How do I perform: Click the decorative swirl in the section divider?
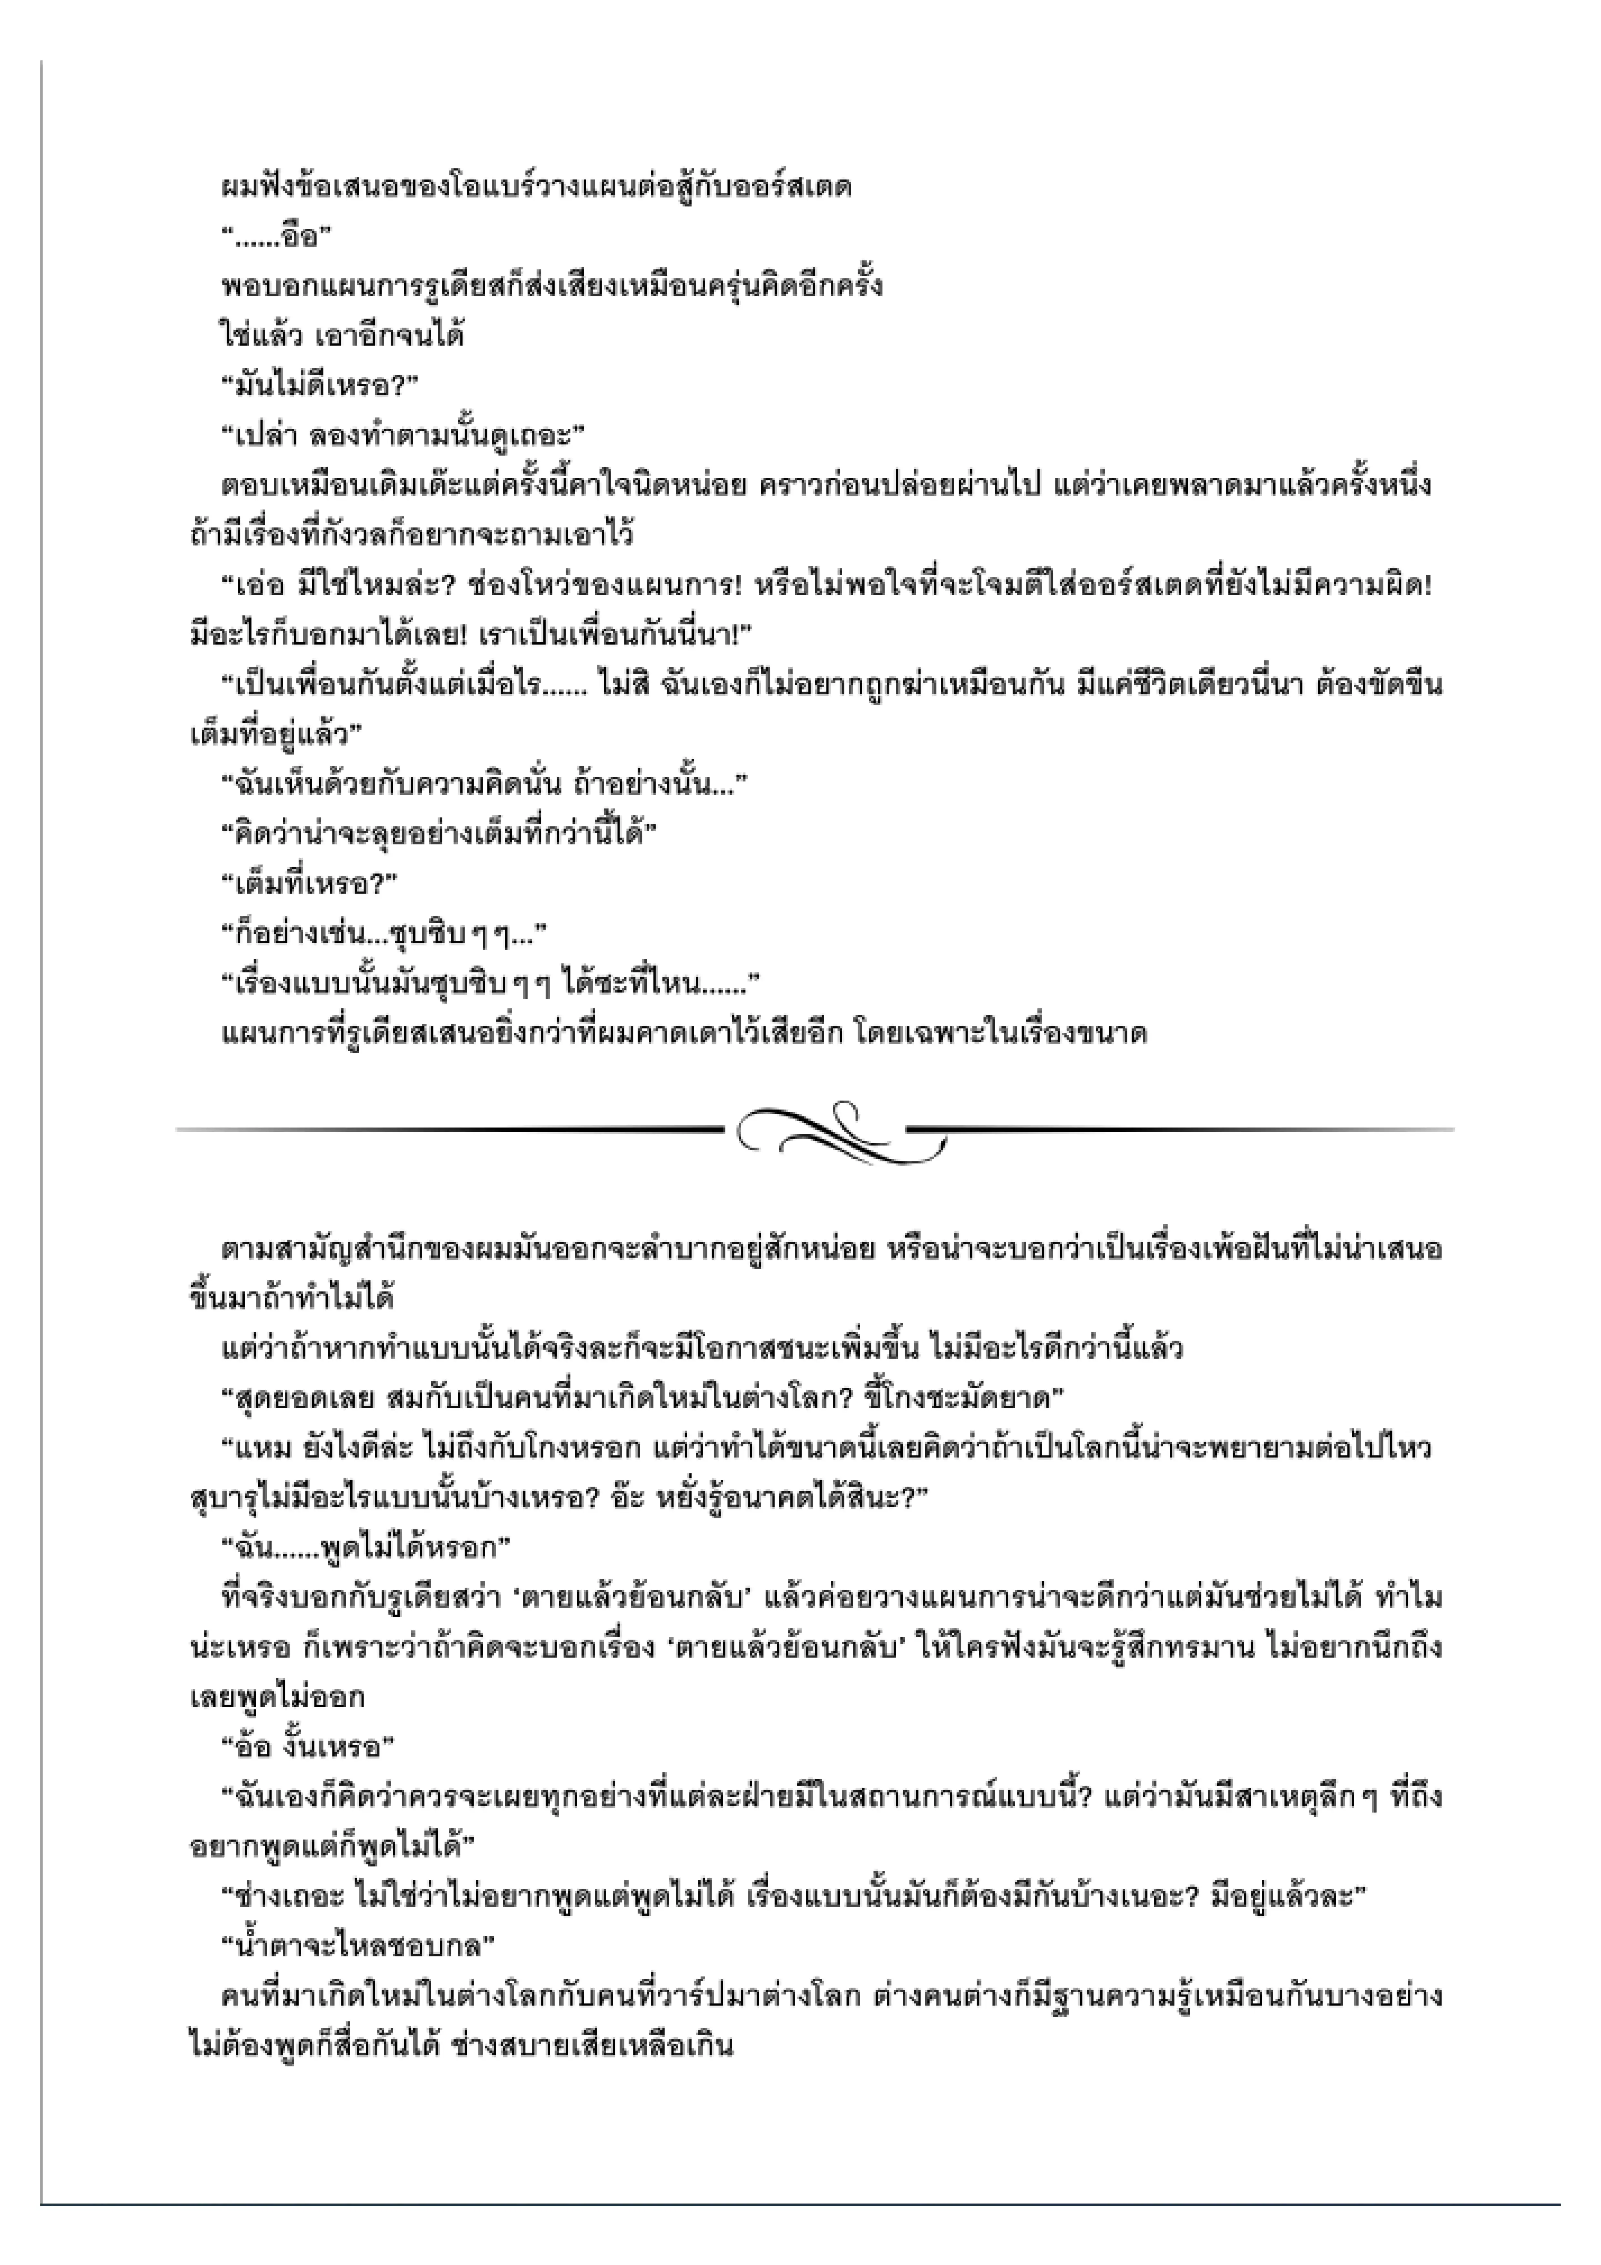[838, 1130]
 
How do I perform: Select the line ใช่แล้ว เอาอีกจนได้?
[341, 336]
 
